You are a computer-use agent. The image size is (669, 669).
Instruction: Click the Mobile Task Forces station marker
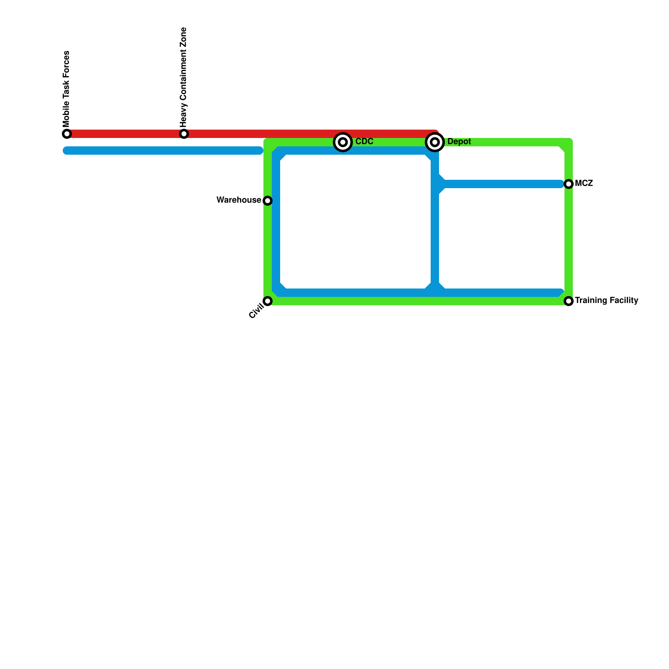[67, 134]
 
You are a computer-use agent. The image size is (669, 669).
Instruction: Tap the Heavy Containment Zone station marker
[184, 134]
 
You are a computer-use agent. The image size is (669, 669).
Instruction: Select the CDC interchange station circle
[343, 142]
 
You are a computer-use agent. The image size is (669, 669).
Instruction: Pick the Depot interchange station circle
[435, 142]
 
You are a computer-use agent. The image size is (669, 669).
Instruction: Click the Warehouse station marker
[268, 201]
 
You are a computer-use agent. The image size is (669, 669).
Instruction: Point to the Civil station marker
[268, 301]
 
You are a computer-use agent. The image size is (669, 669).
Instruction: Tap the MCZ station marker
[569, 184]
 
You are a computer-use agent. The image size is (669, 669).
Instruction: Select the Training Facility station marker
[569, 301]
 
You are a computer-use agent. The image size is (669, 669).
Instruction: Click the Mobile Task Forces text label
[66, 89]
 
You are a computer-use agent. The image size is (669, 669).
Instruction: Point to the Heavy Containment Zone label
[183, 77]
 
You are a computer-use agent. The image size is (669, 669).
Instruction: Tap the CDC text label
[364, 142]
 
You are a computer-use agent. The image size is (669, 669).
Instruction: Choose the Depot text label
[459, 142]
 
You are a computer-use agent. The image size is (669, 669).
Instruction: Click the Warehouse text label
[239, 200]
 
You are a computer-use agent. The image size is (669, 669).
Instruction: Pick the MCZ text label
[584, 184]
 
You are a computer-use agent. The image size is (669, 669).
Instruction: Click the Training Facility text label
[606, 301]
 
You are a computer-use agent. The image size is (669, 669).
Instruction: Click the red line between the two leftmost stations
[125, 134]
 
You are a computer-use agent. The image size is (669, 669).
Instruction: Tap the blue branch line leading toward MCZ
[502, 184]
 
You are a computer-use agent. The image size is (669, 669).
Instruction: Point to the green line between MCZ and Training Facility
[569, 243]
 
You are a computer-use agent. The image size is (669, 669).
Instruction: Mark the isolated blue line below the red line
[163, 151]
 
